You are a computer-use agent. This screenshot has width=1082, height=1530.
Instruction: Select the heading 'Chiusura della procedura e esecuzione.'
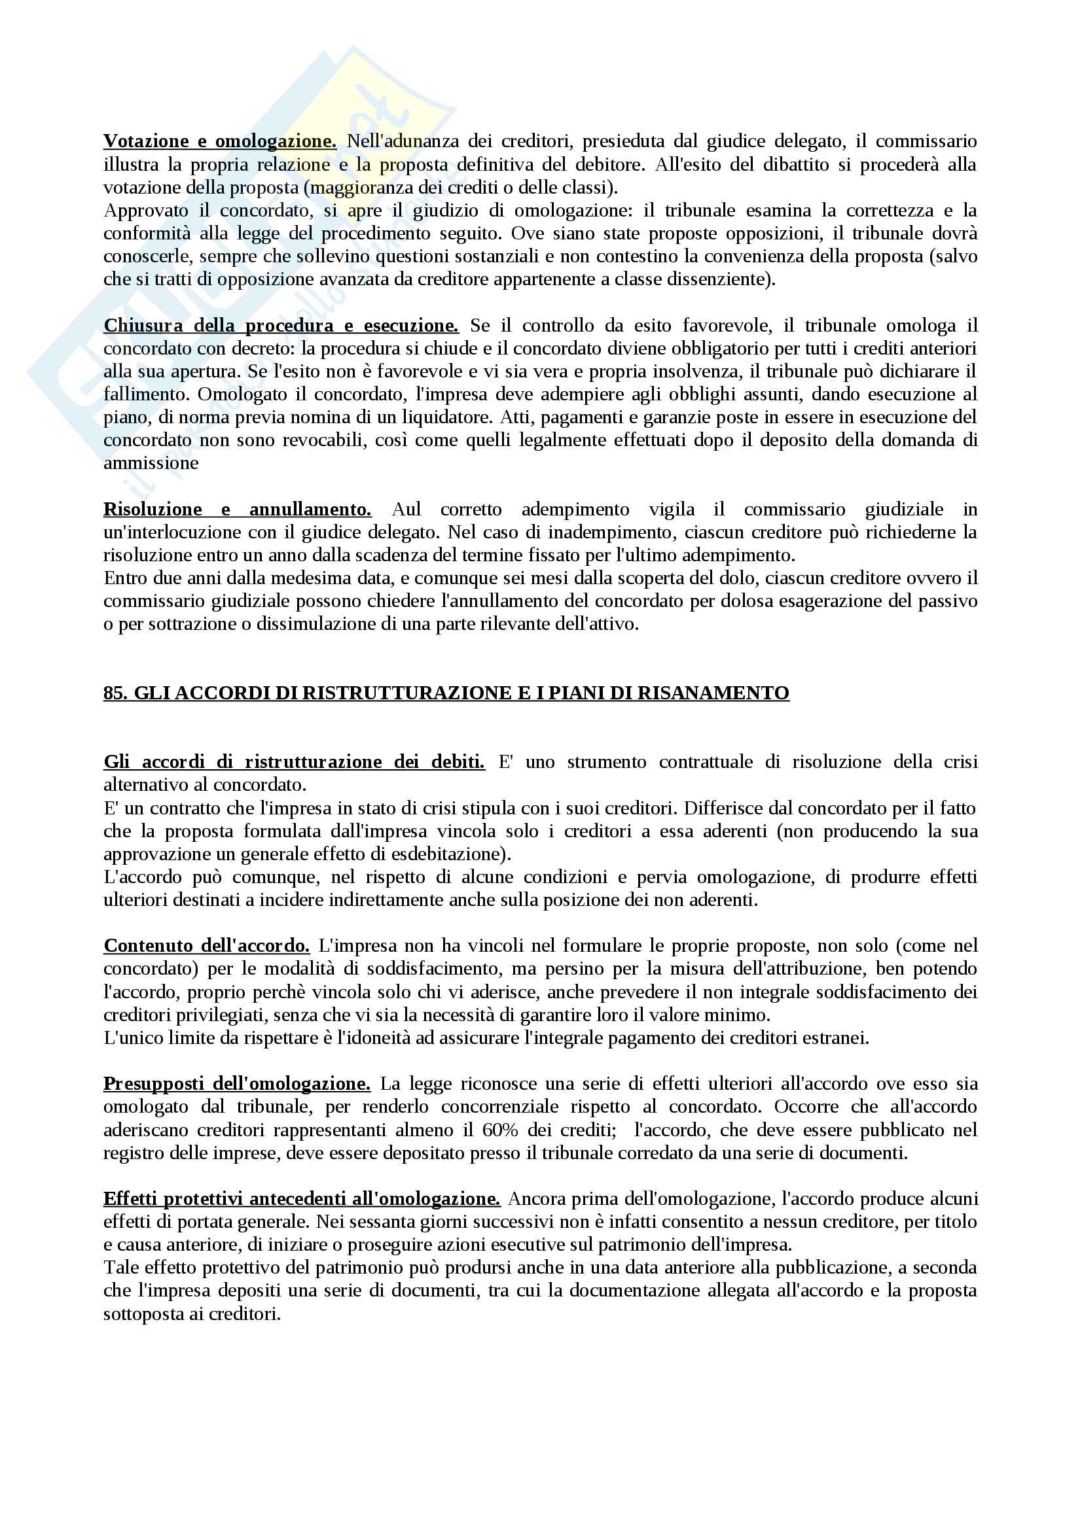click(281, 326)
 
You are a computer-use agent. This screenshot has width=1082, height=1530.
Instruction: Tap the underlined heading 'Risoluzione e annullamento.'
click(238, 510)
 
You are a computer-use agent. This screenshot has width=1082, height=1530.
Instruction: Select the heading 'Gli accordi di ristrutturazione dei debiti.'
click(294, 762)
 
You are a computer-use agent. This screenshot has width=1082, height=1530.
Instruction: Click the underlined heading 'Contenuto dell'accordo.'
click(207, 947)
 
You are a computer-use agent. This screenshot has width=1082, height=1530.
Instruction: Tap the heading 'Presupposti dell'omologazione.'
click(237, 1084)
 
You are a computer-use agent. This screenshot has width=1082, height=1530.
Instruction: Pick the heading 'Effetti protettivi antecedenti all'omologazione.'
click(301, 1200)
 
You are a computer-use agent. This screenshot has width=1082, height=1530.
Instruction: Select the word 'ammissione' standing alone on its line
click(151, 464)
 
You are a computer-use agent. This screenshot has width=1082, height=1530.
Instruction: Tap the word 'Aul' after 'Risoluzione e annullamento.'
click(406, 510)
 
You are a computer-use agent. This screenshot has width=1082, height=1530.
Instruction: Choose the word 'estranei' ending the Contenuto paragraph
click(840, 1038)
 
